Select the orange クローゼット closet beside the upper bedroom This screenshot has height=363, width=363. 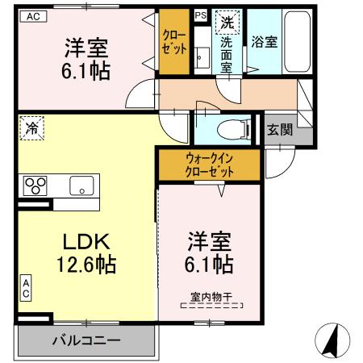tap(173, 42)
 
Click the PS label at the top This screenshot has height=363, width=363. tap(200, 15)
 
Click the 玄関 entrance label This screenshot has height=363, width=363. tap(280, 128)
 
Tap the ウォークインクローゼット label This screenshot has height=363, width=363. tap(209, 165)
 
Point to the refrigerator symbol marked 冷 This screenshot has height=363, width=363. tap(31, 127)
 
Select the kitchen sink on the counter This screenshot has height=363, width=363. tap(81, 185)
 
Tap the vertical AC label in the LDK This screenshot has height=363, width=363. tap(26, 288)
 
